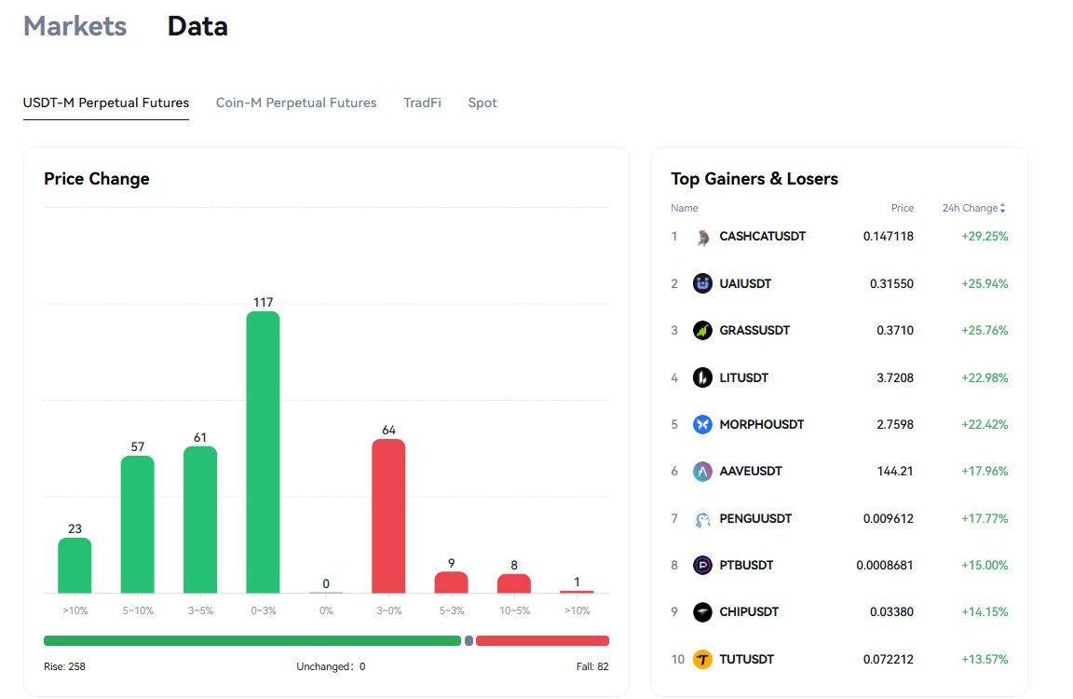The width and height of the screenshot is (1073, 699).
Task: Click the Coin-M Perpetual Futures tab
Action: pos(296,103)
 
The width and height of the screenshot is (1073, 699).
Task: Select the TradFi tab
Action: pos(422,103)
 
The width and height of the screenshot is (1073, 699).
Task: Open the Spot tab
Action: pos(482,103)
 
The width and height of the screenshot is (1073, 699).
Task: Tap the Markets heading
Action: pos(75,26)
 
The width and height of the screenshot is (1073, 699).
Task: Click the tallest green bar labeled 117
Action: pos(263,452)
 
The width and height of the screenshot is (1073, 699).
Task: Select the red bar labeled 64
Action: pos(388,516)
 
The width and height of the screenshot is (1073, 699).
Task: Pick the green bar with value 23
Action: pos(75,566)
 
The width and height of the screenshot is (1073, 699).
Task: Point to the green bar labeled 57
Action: pos(138,525)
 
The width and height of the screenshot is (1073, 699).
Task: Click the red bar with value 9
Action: pos(451,582)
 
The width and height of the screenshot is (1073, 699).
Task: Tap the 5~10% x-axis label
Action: pos(138,610)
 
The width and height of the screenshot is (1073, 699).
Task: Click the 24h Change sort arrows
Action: pos(1002,208)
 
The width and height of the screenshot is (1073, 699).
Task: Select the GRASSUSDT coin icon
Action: pos(703,331)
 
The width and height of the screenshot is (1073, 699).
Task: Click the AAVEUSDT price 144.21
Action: pos(895,471)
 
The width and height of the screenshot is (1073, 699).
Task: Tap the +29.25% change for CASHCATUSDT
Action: pos(985,236)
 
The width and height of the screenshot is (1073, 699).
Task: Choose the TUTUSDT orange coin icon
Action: pos(703,659)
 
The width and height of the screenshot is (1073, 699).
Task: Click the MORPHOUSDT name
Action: pos(762,424)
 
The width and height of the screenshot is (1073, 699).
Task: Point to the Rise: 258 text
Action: pos(65,666)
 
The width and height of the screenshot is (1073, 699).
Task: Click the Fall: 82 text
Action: pos(592,666)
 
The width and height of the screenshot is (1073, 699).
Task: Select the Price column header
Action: pos(903,208)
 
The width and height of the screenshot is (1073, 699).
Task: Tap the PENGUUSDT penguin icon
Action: pos(703,519)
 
